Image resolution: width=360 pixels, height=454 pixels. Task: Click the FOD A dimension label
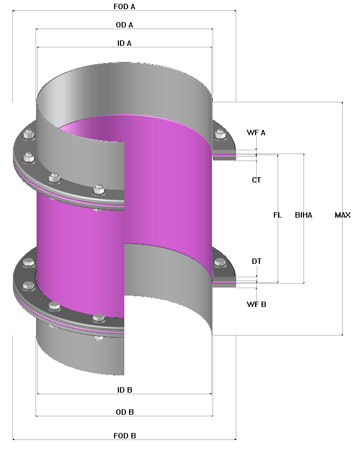[x=124, y=6]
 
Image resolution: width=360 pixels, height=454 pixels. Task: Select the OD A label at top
[x=124, y=25]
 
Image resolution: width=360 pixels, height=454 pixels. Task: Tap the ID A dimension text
[x=124, y=43]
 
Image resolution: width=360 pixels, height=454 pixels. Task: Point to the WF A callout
[x=256, y=132]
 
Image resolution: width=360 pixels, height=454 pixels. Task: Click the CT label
[x=256, y=180]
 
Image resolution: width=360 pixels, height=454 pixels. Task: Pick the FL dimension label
[x=277, y=215]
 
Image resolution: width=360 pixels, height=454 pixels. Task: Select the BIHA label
[x=303, y=215]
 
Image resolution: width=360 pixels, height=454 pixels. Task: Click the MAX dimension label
[x=342, y=215]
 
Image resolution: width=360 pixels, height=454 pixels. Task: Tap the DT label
[x=257, y=261]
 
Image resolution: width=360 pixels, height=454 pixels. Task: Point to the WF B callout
[x=256, y=304]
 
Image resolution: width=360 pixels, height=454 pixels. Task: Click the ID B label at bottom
[x=124, y=389]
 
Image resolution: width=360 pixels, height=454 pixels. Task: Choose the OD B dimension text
[x=124, y=412]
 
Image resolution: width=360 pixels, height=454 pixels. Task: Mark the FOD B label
[x=124, y=435]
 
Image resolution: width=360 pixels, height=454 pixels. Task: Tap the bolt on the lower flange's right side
[x=219, y=263]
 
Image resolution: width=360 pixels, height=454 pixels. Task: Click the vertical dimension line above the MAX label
[x=342, y=156]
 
